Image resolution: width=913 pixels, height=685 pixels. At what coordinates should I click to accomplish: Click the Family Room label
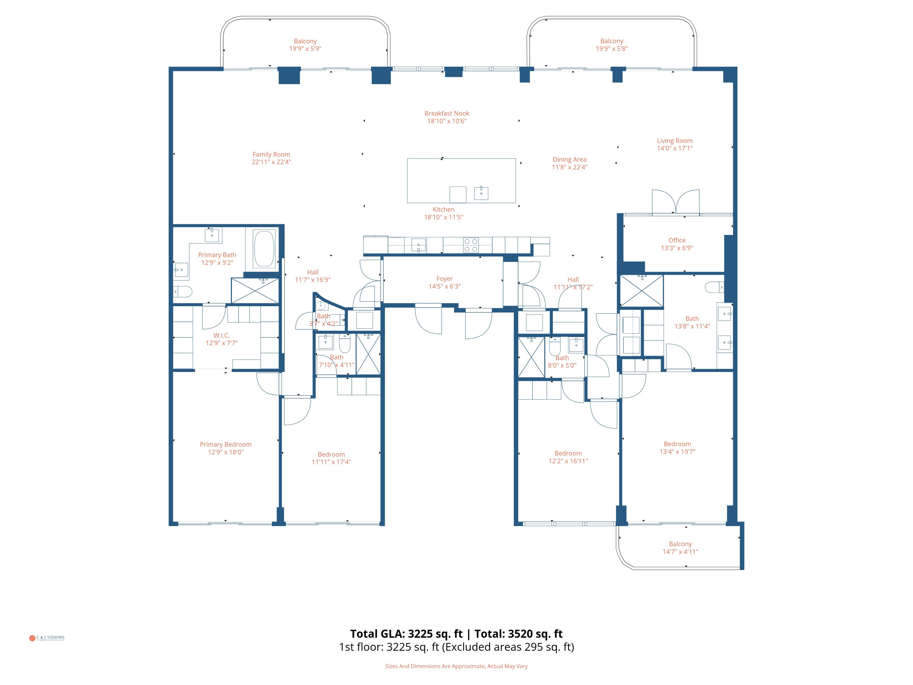tap(271, 154)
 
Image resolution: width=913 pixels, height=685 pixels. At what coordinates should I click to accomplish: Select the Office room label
tap(677, 240)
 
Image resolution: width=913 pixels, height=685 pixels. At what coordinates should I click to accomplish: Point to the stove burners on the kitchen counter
tap(471, 245)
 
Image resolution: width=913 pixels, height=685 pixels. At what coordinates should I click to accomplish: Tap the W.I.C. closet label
tap(222, 335)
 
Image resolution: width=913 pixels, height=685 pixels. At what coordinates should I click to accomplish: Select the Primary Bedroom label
tap(226, 444)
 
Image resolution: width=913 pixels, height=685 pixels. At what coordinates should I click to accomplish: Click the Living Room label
tap(674, 141)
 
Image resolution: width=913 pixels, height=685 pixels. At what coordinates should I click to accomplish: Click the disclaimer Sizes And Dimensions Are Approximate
tap(456, 666)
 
